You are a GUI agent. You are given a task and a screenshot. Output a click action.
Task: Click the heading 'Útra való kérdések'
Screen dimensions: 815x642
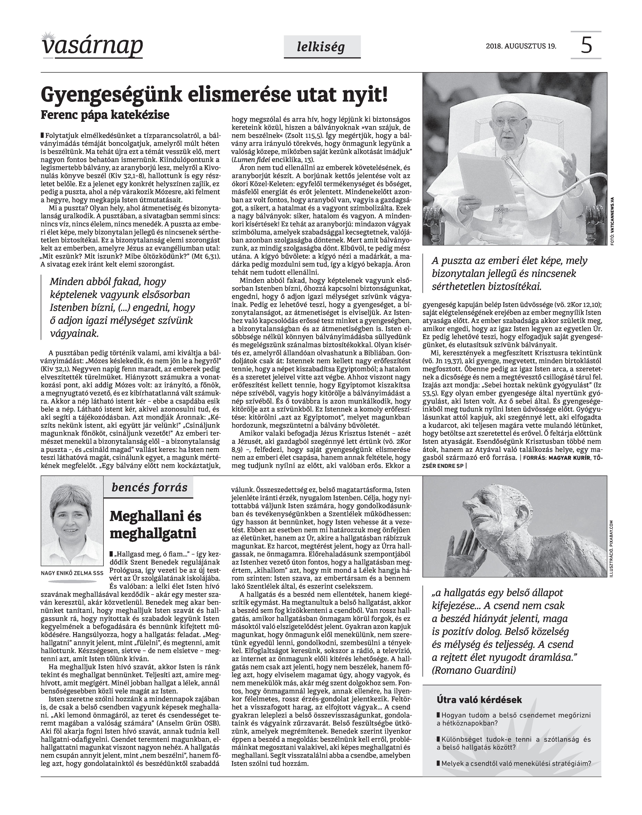[479, 700]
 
